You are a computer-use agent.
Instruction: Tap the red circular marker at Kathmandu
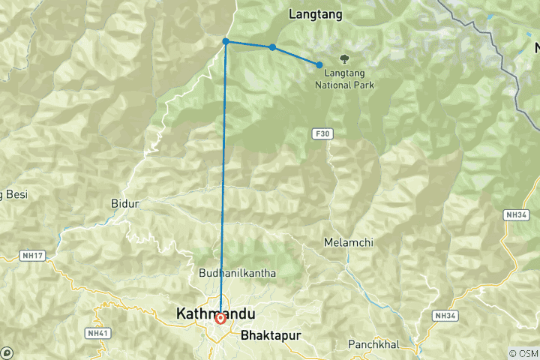(220, 318)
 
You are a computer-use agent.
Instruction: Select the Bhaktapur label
(271, 336)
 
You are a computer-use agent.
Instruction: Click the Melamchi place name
(348, 242)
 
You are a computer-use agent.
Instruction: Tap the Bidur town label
(125, 203)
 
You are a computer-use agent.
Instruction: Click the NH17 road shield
(35, 256)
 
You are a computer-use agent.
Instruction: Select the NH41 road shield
(97, 332)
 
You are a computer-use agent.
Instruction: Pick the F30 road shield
(322, 133)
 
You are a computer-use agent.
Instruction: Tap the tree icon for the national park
(344, 58)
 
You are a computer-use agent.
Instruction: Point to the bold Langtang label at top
(315, 13)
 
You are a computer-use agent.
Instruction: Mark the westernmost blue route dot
(226, 42)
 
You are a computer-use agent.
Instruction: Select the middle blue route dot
(272, 47)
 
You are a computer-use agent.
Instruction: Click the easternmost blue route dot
(319, 65)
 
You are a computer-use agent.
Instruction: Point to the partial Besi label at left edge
(13, 194)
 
